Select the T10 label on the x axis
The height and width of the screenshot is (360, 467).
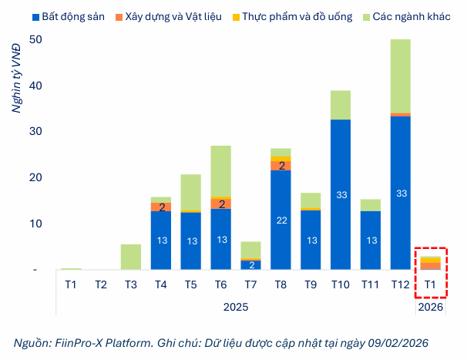[x=341, y=284]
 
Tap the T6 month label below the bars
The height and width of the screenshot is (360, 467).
[x=220, y=284]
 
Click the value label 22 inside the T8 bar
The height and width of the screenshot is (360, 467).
[x=281, y=220]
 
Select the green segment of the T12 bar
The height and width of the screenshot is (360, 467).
[x=401, y=76]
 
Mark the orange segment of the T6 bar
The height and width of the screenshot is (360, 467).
[x=220, y=204]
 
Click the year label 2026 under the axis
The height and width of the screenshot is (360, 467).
[x=430, y=307]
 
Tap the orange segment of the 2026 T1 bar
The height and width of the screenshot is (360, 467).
[x=430, y=266]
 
